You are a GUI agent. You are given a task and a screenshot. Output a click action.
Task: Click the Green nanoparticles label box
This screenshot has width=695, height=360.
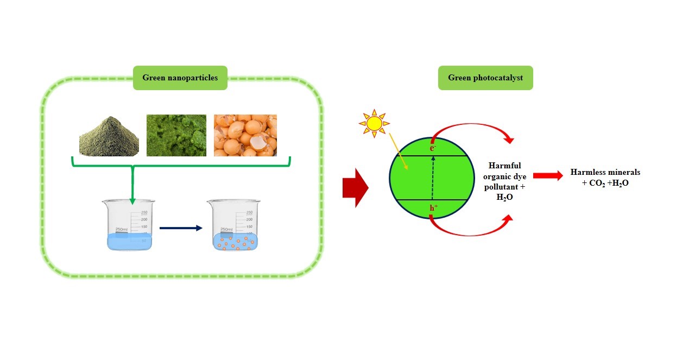point(180,78)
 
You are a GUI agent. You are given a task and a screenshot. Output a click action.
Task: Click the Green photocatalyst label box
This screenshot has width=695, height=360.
point(485,78)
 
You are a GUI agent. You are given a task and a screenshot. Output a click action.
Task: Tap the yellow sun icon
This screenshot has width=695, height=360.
point(374,124)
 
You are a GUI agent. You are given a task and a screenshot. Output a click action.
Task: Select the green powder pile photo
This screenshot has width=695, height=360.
point(109,136)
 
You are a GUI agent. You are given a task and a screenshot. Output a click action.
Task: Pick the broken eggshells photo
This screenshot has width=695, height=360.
point(245,135)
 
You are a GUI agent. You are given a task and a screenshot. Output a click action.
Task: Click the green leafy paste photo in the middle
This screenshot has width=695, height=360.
point(176,135)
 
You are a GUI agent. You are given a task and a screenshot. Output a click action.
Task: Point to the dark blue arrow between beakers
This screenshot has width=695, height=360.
point(180,228)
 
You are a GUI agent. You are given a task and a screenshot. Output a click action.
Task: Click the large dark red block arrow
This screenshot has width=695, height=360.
point(355,188)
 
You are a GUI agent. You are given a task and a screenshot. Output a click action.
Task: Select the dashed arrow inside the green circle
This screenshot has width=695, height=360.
point(433,176)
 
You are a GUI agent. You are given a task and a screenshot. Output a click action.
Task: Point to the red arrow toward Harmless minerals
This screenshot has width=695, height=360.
point(547,175)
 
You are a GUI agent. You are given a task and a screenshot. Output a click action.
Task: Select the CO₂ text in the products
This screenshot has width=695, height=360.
point(597,184)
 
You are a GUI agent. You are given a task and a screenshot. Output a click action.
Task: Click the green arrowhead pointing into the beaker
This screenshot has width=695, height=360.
point(132,201)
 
